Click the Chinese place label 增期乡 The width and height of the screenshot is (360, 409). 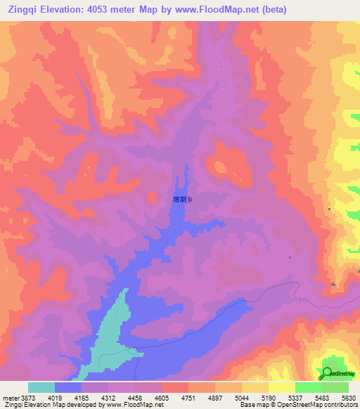pyautogui.click(x=182, y=200)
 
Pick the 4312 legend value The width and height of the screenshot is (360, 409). pyautogui.click(x=108, y=398)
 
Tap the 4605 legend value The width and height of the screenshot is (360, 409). pyautogui.click(x=162, y=398)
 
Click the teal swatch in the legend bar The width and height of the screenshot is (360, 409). pyautogui.click(x=41, y=387)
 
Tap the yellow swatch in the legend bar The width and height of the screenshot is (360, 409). pyautogui.click(x=281, y=387)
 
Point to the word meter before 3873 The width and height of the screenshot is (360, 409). pyautogui.click(x=11, y=398)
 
